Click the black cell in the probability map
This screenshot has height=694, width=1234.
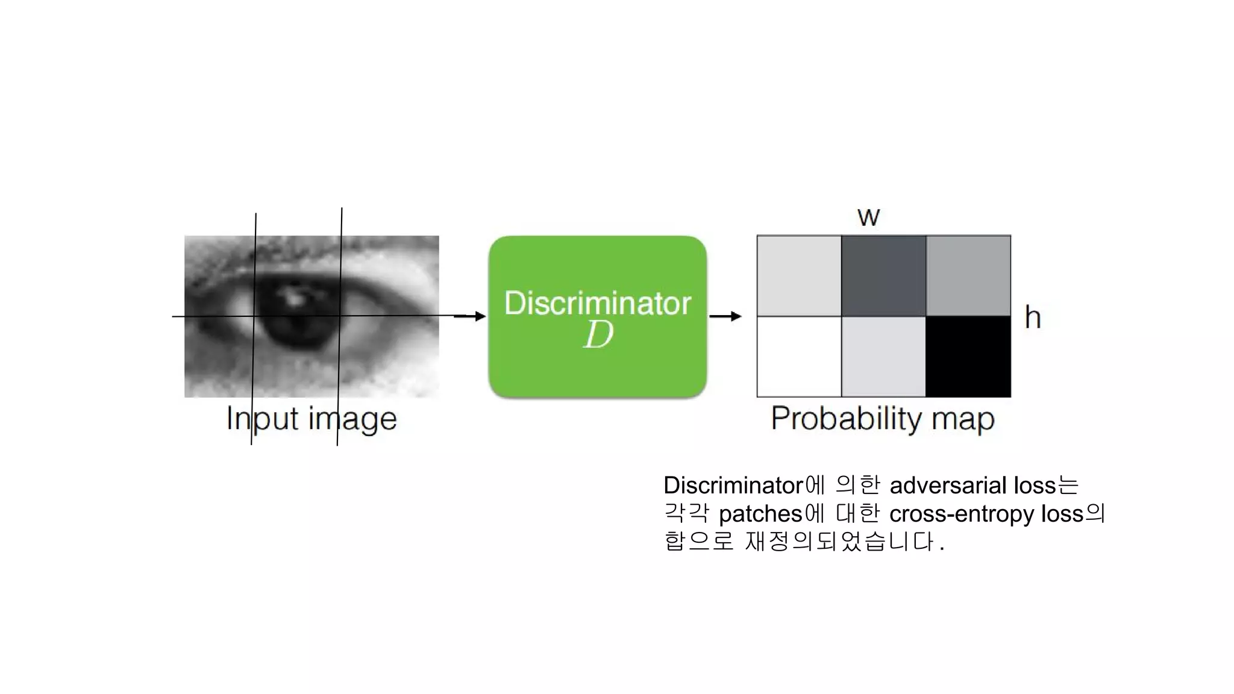[x=968, y=356]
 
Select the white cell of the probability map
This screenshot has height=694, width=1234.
[x=799, y=356]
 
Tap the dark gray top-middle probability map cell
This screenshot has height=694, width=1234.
[x=883, y=275]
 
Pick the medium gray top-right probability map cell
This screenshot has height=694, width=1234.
[x=968, y=275]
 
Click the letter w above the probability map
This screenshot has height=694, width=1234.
[x=868, y=217]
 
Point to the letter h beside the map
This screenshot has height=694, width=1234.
[x=1033, y=317]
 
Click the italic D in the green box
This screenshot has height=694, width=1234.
[x=598, y=335]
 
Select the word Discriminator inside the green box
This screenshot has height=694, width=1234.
[x=597, y=303]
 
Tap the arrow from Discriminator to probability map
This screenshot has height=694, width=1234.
[x=725, y=316]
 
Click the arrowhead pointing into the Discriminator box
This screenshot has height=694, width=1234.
[x=480, y=316]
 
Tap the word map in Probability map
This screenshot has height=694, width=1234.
[x=962, y=420]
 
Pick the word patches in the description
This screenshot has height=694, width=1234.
[x=760, y=514]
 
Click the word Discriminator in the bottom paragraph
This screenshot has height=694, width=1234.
[x=733, y=486]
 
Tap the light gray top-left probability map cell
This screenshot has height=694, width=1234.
[x=799, y=275]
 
